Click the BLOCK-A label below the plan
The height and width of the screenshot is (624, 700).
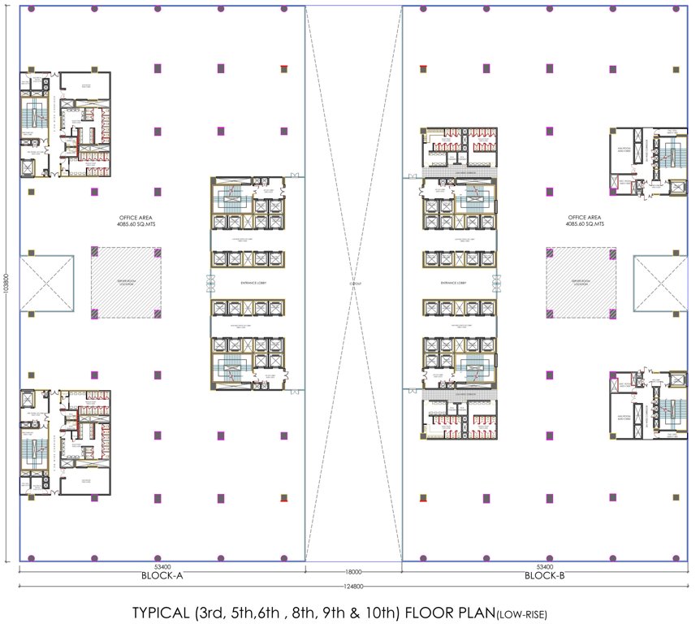pos(162,575)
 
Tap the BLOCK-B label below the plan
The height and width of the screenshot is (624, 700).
pos(544,575)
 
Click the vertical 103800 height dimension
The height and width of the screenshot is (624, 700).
pos(6,284)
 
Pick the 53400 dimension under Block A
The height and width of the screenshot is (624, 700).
pos(162,566)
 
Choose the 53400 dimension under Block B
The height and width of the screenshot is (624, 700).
pos(544,566)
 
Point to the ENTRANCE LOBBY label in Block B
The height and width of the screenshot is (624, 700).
pos(457,282)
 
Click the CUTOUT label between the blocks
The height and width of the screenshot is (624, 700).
pos(355,283)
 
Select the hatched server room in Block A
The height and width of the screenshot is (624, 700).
pos(126,283)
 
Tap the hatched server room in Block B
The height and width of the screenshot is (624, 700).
pos(579,283)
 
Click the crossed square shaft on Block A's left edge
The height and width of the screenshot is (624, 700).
pos(46,282)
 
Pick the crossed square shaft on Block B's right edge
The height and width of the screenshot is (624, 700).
pos(659,282)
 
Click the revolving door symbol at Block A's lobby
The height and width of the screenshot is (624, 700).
pos(210,283)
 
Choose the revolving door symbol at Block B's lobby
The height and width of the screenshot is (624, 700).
pos(495,283)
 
